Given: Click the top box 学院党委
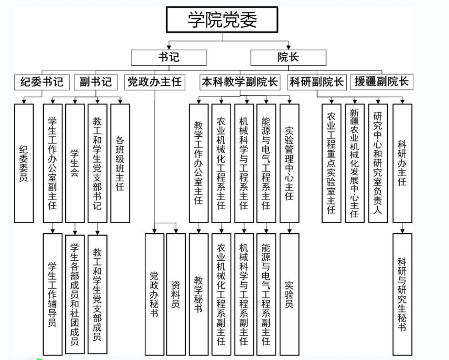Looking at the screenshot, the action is pyautogui.click(x=222, y=20).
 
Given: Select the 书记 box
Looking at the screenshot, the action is pyautogui.click(x=169, y=57).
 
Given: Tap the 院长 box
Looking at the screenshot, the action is pyautogui.click(x=288, y=57).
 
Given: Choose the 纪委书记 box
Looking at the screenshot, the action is pyautogui.click(x=42, y=82).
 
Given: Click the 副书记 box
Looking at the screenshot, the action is pyautogui.click(x=96, y=82).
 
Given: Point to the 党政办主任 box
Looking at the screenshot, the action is pyautogui.click(x=155, y=82).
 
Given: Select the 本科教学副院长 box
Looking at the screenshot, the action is pyautogui.click(x=240, y=82).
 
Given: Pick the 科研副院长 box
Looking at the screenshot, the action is pyautogui.click(x=317, y=82).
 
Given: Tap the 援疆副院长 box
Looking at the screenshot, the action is pyautogui.click(x=382, y=82).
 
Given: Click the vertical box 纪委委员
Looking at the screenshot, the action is pyautogui.click(x=24, y=163).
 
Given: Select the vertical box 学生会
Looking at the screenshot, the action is pyautogui.click(x=75, y=163).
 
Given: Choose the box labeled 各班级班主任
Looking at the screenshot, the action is pyautogui.click(x=120, y=163).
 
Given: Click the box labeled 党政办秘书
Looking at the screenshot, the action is pyautogui.click(x=154, y=294).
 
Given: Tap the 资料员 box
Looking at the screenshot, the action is pyautogui.click(x=176, y=294).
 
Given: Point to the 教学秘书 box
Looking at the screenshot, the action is pyautogui.click(x=199, y=294).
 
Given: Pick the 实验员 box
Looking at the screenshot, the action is pyautogui.click(x=289, y=294).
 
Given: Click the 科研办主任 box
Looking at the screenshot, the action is pyautogui.click(x=403, y=163).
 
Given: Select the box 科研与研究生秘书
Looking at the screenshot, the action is pyautogui.click(x=403, y=294).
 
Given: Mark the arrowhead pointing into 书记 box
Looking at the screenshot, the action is pyautogui.click(x=169, y=47).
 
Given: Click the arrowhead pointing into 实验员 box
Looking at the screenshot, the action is pyautogui.click(x=289, y=231).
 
